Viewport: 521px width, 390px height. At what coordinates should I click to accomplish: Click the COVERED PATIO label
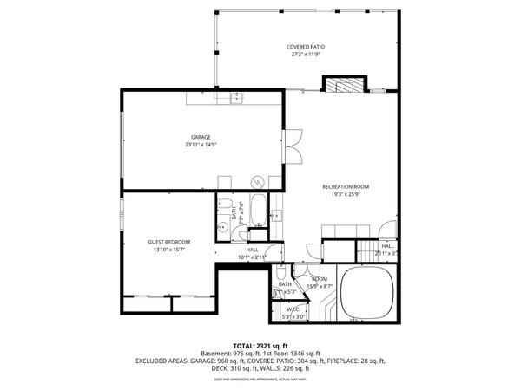(x=304, y=47)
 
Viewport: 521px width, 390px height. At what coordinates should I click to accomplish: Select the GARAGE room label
(x=201, y=137)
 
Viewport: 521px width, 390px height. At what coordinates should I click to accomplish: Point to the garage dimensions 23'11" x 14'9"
(x=201, y=145)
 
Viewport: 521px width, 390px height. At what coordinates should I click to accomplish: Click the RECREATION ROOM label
(x=346, y=186)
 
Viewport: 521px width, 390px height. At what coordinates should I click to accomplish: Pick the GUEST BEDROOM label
(x=168, y=242)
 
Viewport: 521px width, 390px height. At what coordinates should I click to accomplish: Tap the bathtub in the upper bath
(x=258, y=211)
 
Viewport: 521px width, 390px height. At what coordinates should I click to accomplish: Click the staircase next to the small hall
(x=369, y=250)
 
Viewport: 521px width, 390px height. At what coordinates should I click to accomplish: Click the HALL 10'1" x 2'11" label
(x=252, y=253)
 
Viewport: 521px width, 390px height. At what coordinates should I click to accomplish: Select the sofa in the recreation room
(x=343, y=231)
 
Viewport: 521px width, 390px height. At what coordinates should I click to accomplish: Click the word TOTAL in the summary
(x=221, y=345)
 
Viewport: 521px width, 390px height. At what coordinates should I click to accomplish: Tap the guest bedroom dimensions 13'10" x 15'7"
(x=168, y=250)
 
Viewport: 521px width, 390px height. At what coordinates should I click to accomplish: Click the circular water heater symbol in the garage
(x=256, y=181)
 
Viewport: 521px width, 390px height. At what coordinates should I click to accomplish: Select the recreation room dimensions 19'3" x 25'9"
(x=346, y=194)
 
